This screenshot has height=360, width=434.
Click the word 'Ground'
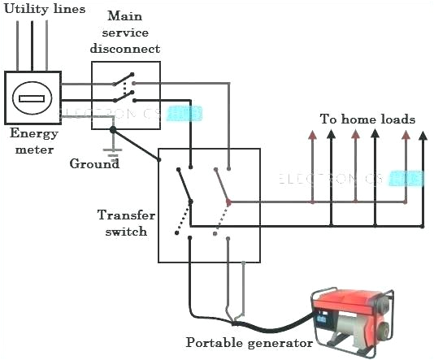94,164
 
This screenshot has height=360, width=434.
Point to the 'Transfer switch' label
124,223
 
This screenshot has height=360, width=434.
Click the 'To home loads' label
367,119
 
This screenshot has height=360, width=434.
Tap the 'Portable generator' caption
250,342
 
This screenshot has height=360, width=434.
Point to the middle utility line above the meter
33,45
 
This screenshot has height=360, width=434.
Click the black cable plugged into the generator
268,327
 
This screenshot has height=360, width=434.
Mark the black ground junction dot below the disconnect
113,128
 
